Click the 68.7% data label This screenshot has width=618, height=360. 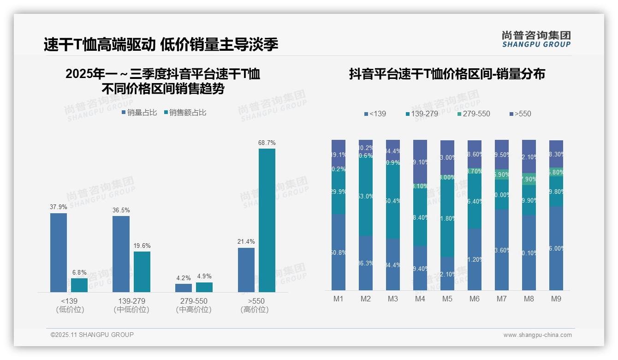point(267,143)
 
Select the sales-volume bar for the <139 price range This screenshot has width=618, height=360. point(59,252)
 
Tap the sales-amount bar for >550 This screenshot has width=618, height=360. point(267,220)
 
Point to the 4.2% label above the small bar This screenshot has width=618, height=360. point(183,278)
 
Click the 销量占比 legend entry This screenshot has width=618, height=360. point(139,113)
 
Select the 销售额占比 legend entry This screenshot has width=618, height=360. point(185,113)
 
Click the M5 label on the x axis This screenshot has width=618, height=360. point(447,299)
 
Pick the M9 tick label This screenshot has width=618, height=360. point(556,299)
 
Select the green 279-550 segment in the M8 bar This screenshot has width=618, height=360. point(529,179)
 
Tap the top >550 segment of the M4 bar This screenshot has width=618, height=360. point(420,161)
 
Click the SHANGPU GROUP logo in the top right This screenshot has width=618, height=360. point(536,39)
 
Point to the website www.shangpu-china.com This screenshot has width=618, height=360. point(537,335)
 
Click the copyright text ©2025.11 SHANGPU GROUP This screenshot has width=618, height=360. point(92,335)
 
